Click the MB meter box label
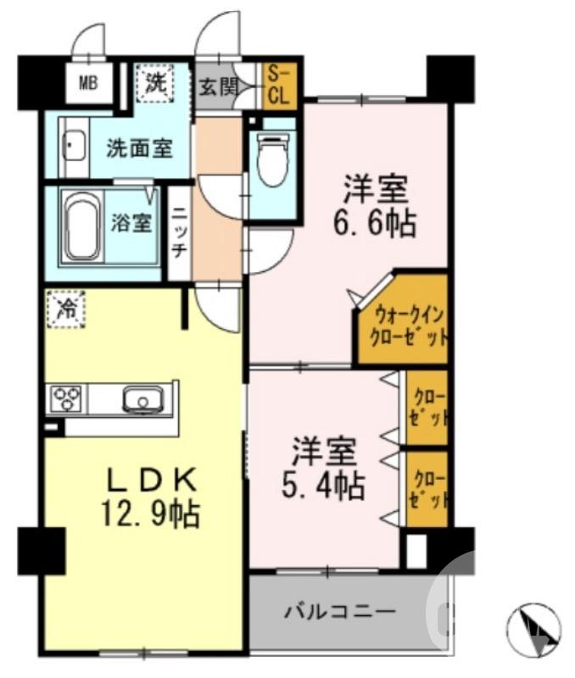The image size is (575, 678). pyautogui.click(x=88, y=82)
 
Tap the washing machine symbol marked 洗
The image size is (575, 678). pyautogui.click(x=155, y=82)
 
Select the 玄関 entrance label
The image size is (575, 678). pyautogui.click(x=218, y=86)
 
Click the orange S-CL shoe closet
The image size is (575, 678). pyautogui.click(x=278, y=86)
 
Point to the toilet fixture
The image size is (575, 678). pyautogui.click(x=272, y=161)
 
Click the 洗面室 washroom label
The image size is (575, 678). pyautogui.click(x=139, y=149)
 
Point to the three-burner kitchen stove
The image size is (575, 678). pyautogui.click(x=68, y=397)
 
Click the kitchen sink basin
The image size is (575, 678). pyautogui.click(x=144, y=397)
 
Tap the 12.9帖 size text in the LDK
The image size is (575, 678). pyautogui.click(x=153, y=514)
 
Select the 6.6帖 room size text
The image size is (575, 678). pyautogui.click(x=374, y=224)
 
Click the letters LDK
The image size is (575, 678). pyautogui.click(x=153, y=480)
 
